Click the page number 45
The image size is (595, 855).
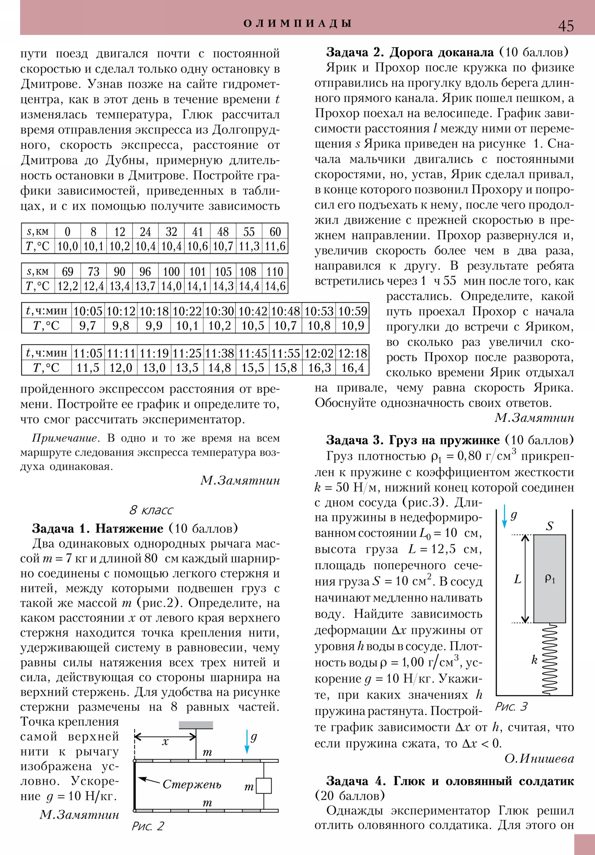coord(566,26)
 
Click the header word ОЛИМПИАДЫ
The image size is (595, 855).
coord(297,23)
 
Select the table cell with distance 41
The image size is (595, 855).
coord(197,232)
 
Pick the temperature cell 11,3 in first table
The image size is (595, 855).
coord(249,246)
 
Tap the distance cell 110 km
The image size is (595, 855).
coord(274,271)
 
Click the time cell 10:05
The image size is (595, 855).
coord(88,311)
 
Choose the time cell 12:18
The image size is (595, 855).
coord(353,353)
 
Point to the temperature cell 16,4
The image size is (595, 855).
coord(353,368)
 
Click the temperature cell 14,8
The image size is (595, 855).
coord(219,368)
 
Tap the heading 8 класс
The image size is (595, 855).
coord(151,510)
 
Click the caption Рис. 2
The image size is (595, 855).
coord(148,826)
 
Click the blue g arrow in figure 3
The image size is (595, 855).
coord(505,516)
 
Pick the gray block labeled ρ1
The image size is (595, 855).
coord(550,579)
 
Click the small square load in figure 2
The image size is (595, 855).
coord(263,786)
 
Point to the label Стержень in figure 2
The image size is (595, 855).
coord(192,784)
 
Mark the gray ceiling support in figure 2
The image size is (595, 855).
coord(196,725)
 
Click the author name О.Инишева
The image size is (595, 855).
coord(539,759)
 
